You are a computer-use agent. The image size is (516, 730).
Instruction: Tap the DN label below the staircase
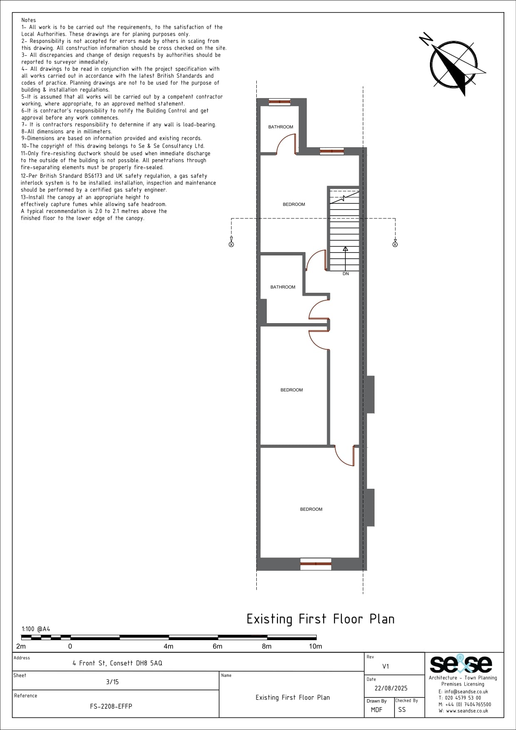pos(346,274)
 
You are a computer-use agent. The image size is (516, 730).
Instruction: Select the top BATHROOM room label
pos(280,127)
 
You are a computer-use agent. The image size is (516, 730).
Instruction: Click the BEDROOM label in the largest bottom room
pos(311,509)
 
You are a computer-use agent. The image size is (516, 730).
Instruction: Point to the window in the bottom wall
pos(316,564)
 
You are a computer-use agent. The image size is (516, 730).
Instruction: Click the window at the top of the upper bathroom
pos(279,102)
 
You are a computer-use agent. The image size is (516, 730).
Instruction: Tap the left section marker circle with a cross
pos(231,244)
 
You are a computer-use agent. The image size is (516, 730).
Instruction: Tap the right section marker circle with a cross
pos(395,244)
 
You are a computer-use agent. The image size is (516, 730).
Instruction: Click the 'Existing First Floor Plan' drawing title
pos(320,619)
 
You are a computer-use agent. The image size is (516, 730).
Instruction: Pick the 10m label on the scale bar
pos(315,646)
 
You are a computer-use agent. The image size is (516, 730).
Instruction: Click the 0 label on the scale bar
pos(70,646)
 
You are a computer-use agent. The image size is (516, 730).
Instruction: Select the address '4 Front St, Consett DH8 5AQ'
pos(117,663)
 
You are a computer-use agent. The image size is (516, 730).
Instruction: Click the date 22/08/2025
pos(391,688)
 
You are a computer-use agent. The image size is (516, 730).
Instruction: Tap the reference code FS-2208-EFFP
pos(111,706)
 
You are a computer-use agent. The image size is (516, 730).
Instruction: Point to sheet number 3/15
pos(112,682)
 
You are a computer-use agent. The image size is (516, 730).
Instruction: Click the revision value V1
pos(386,666)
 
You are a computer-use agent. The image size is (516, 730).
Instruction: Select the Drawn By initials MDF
pos(377,710)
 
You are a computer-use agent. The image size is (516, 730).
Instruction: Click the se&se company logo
pos(461,664)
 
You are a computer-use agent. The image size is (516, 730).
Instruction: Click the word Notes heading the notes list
pos(29,20)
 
